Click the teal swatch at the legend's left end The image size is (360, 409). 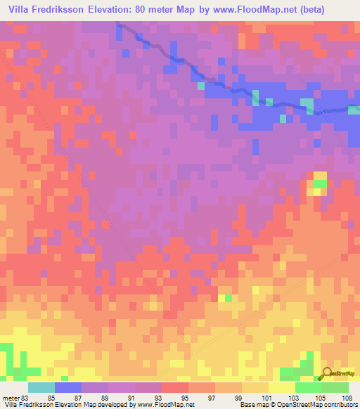coord(41,387)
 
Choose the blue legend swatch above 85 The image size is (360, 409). coord(68,387)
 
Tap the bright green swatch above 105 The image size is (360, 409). coord(308,387)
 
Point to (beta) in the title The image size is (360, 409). coord(340,9)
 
